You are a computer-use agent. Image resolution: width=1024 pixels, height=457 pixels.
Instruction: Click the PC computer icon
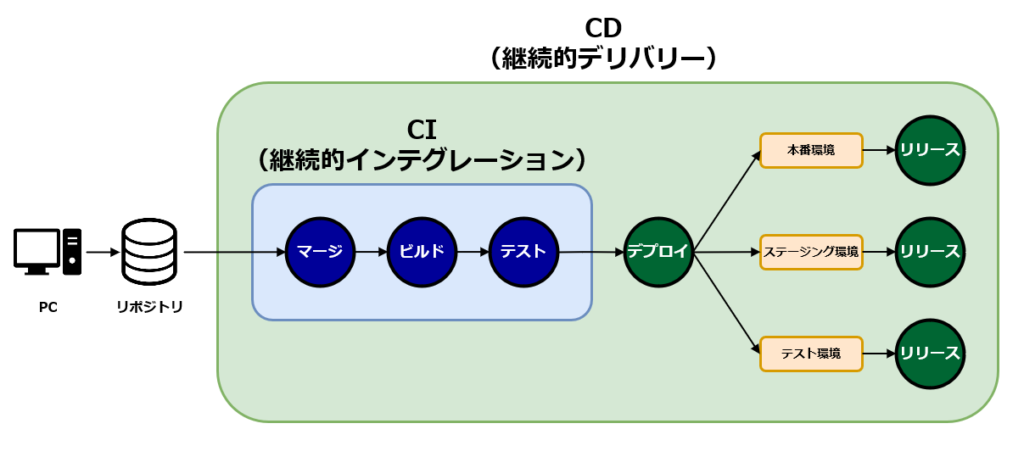(x=48, y=252)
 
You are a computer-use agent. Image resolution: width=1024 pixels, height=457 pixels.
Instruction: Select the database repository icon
(x=149, y=252)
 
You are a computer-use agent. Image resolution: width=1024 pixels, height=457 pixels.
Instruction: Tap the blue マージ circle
(x=320, y=252)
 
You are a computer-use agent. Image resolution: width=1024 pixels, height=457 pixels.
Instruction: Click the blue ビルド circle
(x=422, y=252)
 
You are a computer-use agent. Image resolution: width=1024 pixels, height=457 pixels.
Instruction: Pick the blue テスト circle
(x=523, y=252)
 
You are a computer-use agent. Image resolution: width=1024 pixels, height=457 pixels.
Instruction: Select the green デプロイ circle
(x=658, y=252)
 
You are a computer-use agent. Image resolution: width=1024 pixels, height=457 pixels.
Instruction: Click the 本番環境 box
(x=811, y=151)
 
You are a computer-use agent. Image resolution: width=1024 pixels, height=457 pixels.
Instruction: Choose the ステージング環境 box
(x=811, y=252)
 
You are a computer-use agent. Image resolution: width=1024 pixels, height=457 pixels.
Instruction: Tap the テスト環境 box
(x=811, y=354)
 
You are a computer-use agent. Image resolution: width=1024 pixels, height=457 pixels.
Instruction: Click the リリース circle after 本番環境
(x=930, y=151)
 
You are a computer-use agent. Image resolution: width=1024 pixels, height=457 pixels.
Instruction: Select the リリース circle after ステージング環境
(x=930, y=252)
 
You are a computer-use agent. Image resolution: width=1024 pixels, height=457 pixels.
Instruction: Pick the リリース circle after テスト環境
(x=930, y=354)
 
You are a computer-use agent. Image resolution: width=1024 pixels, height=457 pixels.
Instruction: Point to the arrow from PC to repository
(x=103, y=252)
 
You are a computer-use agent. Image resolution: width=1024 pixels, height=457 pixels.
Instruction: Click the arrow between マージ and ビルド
(x=371, y=252)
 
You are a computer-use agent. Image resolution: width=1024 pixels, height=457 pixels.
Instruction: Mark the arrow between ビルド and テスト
(x=473, y=252)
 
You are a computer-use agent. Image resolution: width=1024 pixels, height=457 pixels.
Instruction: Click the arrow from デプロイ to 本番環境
(x=727, y=202)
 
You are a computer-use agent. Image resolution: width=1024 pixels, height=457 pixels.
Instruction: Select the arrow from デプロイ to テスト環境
(x=727, y=303)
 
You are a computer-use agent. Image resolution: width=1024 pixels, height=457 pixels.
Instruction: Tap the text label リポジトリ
(x=149, y=307)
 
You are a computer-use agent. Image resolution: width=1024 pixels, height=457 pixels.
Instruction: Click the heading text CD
(x=604, y=27)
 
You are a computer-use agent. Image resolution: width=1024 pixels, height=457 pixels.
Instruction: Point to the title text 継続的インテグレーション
(x=422, y=159)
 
